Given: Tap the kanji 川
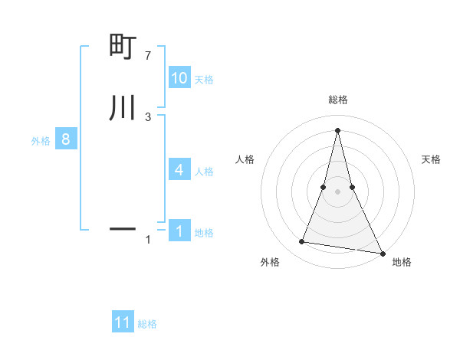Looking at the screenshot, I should point(123,108).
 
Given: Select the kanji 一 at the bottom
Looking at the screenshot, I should point(123,228).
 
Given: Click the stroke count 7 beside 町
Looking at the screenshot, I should point(147,56).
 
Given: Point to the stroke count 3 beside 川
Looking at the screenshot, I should point(147,116).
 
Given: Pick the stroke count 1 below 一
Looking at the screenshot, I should point(147,240).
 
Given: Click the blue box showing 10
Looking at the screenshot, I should point(179,78).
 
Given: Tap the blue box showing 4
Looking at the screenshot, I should point(179,170).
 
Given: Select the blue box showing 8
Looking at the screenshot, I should point(66,139).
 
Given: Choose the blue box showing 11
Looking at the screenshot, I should point(123,322).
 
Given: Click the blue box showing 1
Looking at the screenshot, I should point(179,231).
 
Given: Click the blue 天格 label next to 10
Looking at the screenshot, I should point(204,80).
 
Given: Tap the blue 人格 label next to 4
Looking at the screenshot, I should point(205,172).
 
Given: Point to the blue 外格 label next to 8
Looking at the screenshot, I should point(41,141).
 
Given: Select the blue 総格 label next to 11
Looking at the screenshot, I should point(147,324).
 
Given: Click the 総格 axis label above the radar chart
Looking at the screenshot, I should point(337,100).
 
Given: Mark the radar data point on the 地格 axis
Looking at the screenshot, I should point(382,253).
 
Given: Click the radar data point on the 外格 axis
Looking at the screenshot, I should point(301,242).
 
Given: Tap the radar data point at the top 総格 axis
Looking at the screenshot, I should point(337,129).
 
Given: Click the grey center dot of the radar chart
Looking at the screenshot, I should point(337,191).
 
